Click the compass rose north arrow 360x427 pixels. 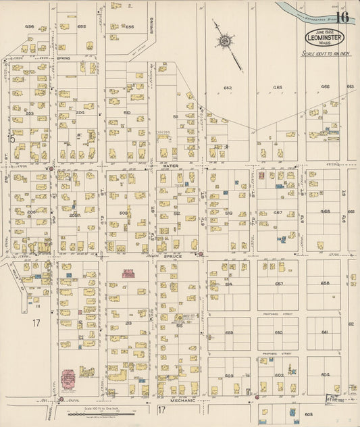pos(224,42)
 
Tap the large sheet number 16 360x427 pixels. pos(342,18)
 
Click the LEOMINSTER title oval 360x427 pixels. pos(324,38)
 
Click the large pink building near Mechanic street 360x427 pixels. pos(69,379)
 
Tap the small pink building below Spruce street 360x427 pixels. pos(128,273)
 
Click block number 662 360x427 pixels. pos(228,88)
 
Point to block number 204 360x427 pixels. pos(80,112)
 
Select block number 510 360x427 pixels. pos(127,112)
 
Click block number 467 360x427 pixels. pos(278,212)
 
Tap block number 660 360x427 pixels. pos(278,332)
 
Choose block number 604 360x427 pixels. pos(326,374)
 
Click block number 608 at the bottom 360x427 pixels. pos(309,413)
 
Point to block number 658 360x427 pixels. pos(325,283)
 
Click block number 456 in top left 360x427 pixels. pos(29,26)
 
